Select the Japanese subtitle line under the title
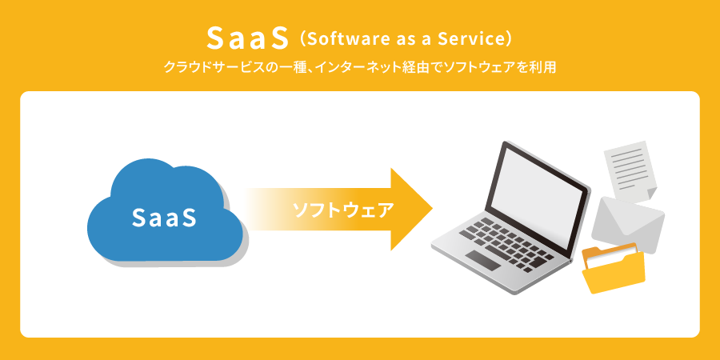(x=359, y=68)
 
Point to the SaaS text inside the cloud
(x=164, y=218)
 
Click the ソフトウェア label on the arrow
(x=343, y=210)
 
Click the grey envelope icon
(x=628, y=224)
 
